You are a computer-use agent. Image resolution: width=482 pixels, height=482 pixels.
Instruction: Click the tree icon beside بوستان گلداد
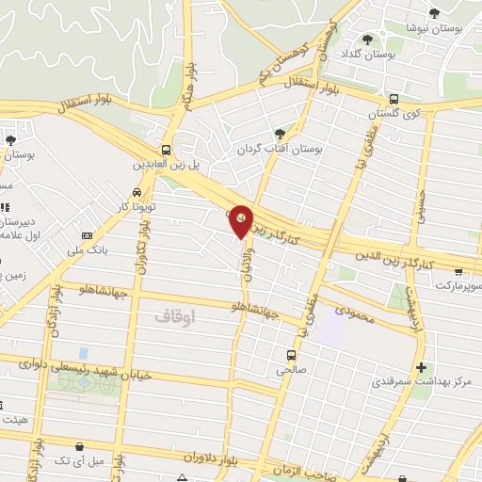[366, 40]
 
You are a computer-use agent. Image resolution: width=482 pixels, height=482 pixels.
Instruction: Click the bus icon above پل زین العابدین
[167, 150]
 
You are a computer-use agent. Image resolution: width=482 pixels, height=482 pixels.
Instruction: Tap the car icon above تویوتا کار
[137, 192]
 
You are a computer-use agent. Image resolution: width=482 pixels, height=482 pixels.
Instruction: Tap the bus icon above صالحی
[292, 356]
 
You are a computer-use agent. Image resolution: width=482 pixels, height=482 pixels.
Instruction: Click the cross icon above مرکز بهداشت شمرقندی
[420, 366]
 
